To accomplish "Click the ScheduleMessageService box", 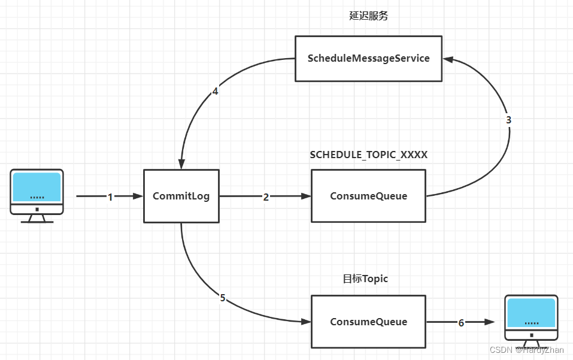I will click(369, 59).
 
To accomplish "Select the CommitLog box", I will click(181, 196).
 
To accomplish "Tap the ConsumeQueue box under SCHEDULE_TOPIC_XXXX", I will click(368, 196).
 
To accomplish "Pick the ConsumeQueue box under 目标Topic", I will click(368, 322).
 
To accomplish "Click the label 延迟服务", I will click(369, 16).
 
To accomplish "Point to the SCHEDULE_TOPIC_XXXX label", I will click(369, 155).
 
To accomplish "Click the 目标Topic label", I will click(365, 279).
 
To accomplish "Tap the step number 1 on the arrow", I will click(110, 196).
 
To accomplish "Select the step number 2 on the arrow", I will click(266, 196).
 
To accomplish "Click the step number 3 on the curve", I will click(508, 120).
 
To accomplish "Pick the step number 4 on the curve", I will click(215, 92).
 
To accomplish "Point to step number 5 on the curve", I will click(223, 298).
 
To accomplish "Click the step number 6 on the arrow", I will click(461, 323).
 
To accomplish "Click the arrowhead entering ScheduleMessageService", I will click(447, 59).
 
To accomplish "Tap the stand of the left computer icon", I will click(37, 219).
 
